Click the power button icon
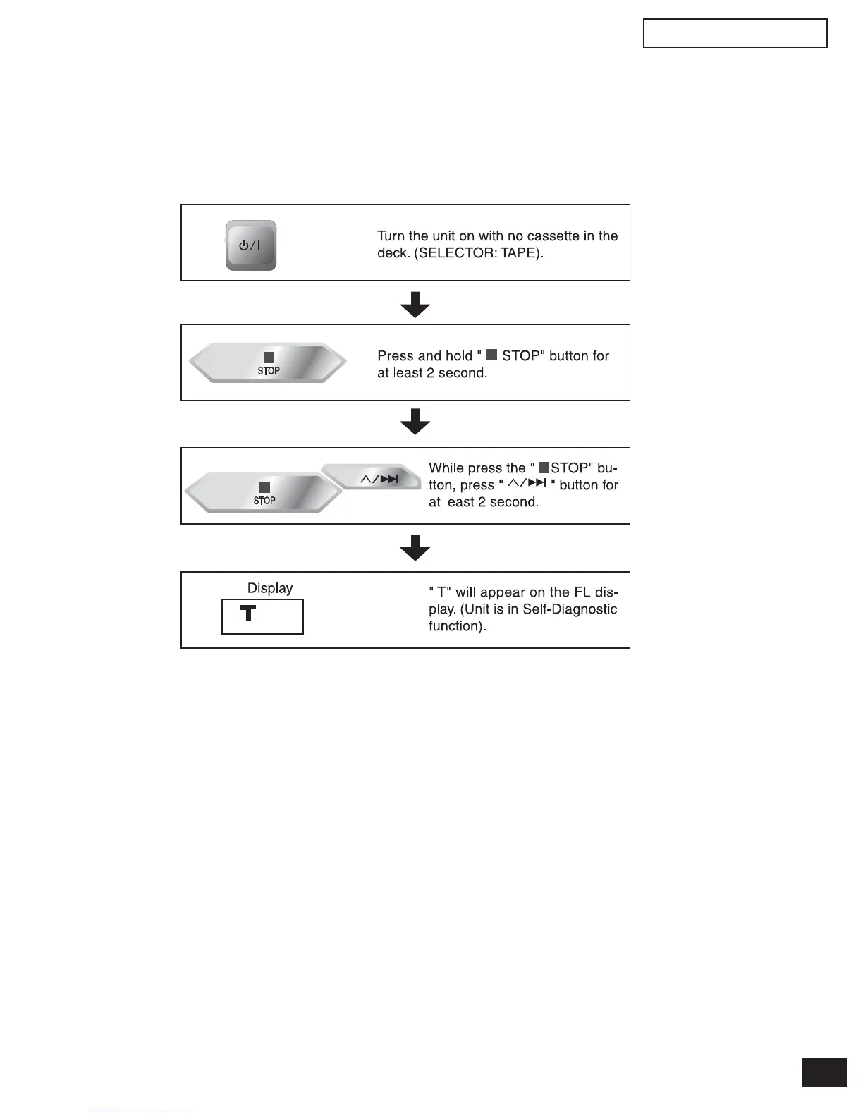(x=250, y=245)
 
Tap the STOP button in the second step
(x=268, y=363)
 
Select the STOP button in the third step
(x=264, y=493)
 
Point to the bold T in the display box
(x=247, y=613)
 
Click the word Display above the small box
(x=270, y=588)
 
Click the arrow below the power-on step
(x=415, y=304)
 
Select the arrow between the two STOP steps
(x=415, y=422)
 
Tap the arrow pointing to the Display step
(x=415, y=547)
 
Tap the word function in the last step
(x=455, y=626)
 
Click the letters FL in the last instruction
(x=582, y=592)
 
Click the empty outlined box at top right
(x=735, y=33)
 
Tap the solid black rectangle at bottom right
(x=824, y=1073)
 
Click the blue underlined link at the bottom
(x=140, y=1111)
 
